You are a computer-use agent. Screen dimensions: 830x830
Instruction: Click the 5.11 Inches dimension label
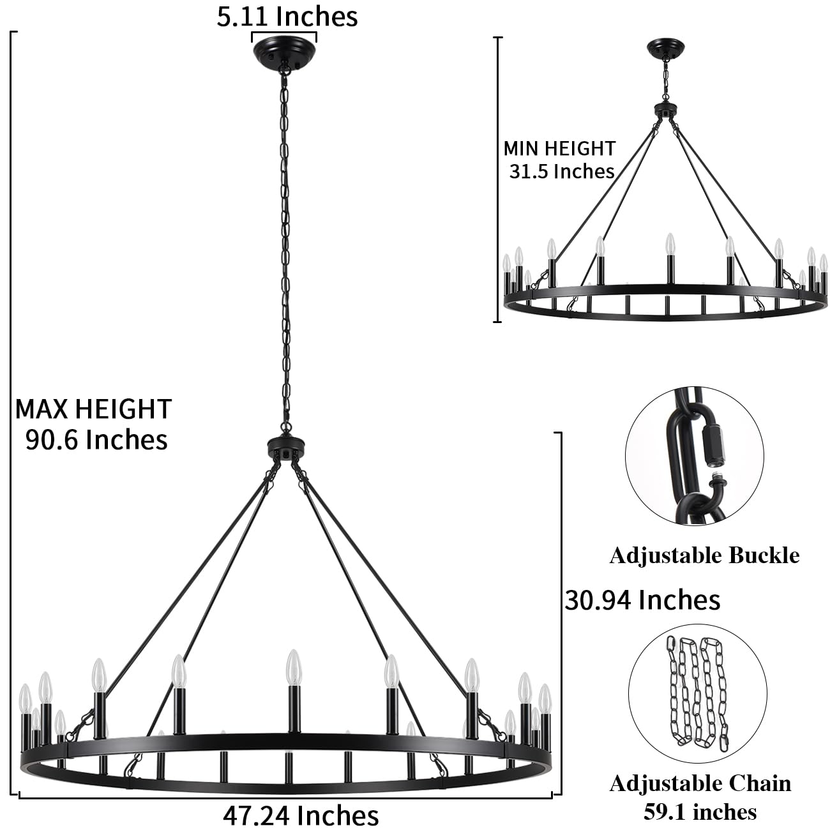pos(287,16)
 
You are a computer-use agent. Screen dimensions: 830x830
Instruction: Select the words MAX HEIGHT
pos(93,409)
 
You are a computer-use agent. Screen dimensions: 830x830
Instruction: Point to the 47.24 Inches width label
pos(300,815)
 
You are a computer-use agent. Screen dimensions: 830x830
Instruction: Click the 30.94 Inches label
pos(642,600)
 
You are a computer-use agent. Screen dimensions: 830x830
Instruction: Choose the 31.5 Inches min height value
pos(561,171)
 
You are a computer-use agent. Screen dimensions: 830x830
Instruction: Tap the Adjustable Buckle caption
pos(704,555)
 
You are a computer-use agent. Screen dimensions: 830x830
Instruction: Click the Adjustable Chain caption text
pos(700,783)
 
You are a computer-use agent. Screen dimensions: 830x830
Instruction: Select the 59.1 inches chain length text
pos(700,811)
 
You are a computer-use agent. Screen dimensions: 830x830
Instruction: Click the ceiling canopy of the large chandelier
pos(283,50)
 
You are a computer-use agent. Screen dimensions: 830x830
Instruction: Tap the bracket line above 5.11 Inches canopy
pos(283,33)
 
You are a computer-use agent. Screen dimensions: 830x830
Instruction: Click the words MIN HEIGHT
pos(559,148)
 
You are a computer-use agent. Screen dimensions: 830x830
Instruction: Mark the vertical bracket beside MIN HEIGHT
pos(497,179)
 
